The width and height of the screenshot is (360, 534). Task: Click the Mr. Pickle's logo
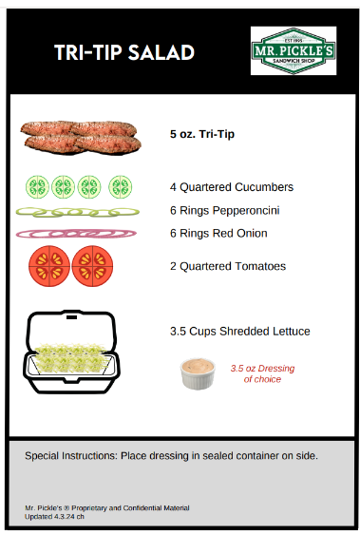pyautogui.click(x=294, y=50)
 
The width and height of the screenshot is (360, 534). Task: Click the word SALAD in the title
pyautogui.click(x=161, y=52)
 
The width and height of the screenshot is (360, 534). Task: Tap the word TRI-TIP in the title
pyautogui.click(x=88, y=52)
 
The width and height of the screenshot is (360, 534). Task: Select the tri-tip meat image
pyautogui.click(x=81, y=138)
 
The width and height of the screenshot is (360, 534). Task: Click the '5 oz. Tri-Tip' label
pyautogui.click(x=202, y=134)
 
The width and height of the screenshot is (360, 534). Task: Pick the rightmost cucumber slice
pyautogui.click(x=121, y=186)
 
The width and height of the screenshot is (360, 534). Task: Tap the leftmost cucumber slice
pyautogui.click(x=37, y=186)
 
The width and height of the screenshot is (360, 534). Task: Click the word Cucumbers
pyautogui.click(x=264, y=187)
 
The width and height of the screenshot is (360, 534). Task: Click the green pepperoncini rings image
pyautogui.click(x=78, y=212)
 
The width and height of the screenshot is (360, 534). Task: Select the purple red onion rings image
pyautogui.click(x=76, y=234)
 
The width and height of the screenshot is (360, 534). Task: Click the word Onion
pyautogui.click(x=252, y=234)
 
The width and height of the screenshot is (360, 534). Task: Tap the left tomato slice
pyautogui.click(x=49, y=266)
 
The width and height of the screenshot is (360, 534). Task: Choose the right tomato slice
pyautogui.click(x=92, y=266)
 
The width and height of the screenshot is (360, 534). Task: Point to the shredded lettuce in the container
pyautogui.click(x=71, y=358)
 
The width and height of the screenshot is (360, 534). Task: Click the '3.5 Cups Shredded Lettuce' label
pyautogui.click(x=240, y=332)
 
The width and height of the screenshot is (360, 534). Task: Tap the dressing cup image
pyautogui.click(x=198, y=373)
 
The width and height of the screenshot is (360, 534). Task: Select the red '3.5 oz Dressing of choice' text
pyautogui.click(x=262, y=373)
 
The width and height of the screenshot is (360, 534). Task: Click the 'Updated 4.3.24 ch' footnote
pyautogui.click(x=54, y=517)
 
